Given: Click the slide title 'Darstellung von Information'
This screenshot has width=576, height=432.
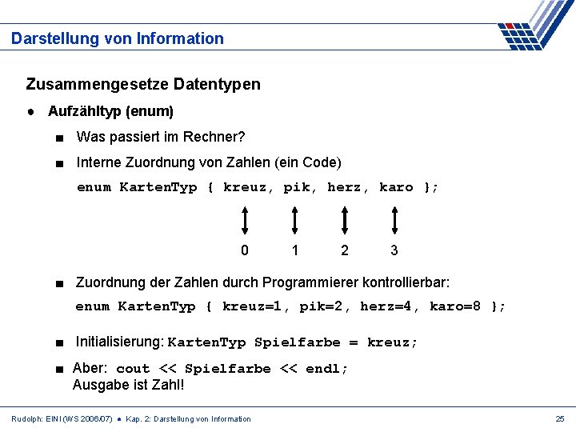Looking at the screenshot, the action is click(118, 38).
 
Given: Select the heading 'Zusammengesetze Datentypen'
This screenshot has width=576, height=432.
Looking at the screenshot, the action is click(143, 84).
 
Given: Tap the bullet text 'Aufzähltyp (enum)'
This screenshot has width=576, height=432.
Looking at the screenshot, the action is click(110, 111).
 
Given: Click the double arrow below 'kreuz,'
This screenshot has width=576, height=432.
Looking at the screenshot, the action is click(245, 218).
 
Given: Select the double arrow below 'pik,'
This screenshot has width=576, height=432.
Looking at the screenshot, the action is click(295, 218).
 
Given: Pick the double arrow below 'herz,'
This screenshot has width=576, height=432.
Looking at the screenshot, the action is click(345, 218).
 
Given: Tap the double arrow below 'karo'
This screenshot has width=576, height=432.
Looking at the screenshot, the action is click(394, 218).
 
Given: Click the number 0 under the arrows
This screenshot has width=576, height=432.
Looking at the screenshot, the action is click(245, 250).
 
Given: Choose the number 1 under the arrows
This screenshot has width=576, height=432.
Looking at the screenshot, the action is click(295, 250).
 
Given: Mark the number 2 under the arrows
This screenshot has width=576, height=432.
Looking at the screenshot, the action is click(345, 250).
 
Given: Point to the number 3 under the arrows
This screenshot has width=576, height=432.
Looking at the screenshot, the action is click(394, 250).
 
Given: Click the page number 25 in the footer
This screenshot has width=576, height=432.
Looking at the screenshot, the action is click(560, 419).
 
